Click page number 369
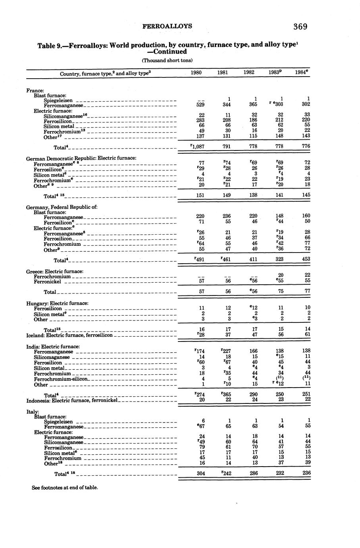pyautogui.click(x=300, y=27)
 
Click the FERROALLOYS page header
pyautogui.click(x=167, y=26)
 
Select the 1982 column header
pyautogui.click(x=249, y=73)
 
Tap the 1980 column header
pyautogui.click(x=196, y=73)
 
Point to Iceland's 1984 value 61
pyautogui.click(x=306, y=334)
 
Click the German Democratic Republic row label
pyautogui.click(x=81, y=158)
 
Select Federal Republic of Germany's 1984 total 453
pyautogui.click(x=306, y=259)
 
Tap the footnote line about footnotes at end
pyautogui.click(x=64, y=487)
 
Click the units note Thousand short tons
pyautogui.click(x=167, y=60)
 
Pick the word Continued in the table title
pyautogui.click(x=168, y=52)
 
